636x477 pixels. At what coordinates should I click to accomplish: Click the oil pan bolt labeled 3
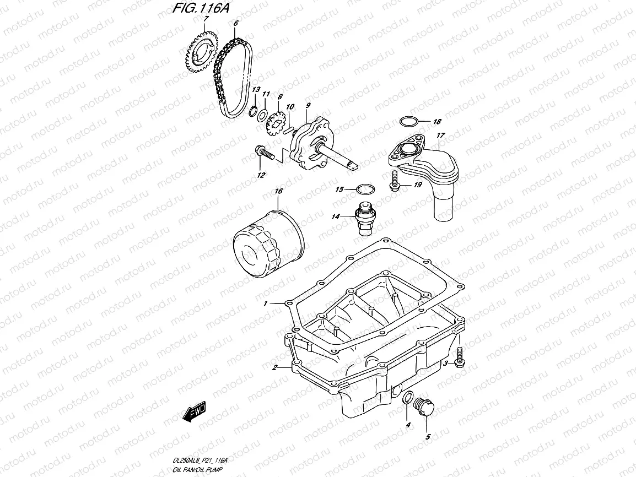tap(460, 357)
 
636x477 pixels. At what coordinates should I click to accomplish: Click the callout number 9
tap(308, 105)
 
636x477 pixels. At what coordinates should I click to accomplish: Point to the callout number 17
tap(440, 135)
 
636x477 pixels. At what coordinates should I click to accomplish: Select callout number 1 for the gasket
tap(265, 303)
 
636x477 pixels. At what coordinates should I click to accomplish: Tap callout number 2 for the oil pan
tap(274, 367)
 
